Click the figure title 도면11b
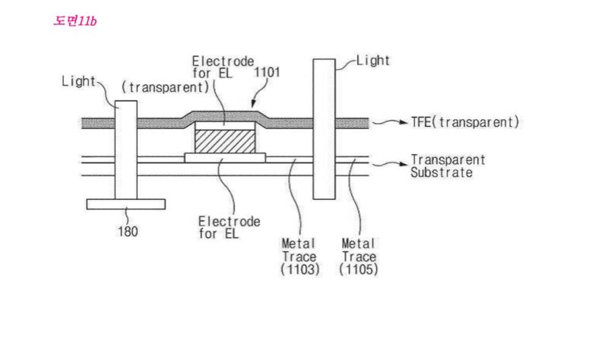point(74,21)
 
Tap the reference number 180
point(127,232)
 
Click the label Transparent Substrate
point(448,166)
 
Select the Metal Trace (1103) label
point(299,257)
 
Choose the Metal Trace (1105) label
point(359,257)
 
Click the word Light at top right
point(373,62)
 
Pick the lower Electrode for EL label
point(229,227)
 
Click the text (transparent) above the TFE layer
point(169,87)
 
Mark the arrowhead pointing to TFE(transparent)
point(402,122)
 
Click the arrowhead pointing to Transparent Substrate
point(402,163)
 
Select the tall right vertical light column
point(325,129)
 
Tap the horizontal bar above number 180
point(125,204)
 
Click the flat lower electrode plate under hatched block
point(225,157)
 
